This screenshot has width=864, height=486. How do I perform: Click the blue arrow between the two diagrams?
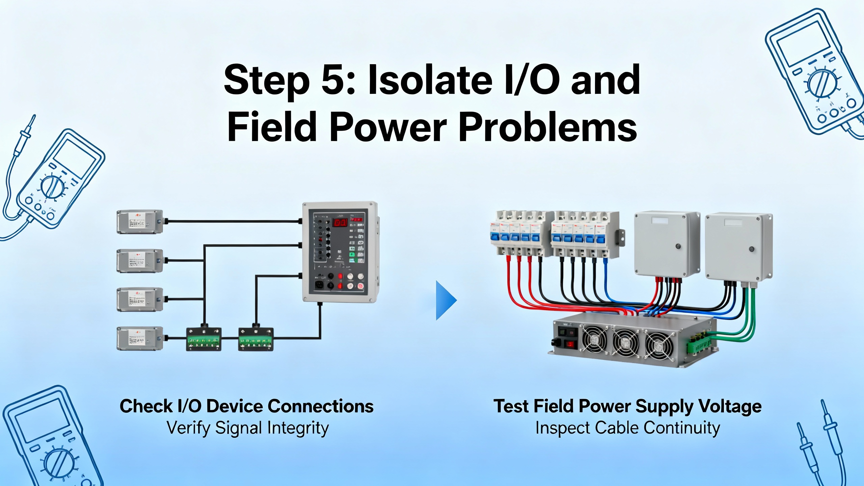coord(446,300)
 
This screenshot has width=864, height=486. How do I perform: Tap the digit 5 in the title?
coord(335,80)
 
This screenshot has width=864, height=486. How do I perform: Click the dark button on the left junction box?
coord(678,246)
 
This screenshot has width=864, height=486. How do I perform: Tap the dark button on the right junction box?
coord(751,249)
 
